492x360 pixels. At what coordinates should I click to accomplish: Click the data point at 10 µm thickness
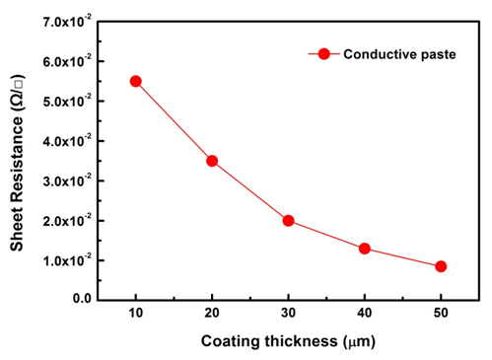tap(136, 81)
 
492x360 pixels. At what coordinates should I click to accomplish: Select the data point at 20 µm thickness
tap(212, 161)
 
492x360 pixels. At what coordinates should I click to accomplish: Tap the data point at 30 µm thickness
tap(289, 220)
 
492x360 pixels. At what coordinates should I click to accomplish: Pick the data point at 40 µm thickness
tap(365, 249)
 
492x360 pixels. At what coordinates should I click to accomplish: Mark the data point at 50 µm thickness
tap(441, 266)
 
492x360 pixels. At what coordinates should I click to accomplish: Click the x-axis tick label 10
tap(136, 315)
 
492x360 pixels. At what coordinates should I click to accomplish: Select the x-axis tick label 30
tap(289, 315)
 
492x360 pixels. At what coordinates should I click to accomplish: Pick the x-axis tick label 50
tap(441, 315)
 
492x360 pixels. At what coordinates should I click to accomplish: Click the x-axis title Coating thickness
tap(287, 342)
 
